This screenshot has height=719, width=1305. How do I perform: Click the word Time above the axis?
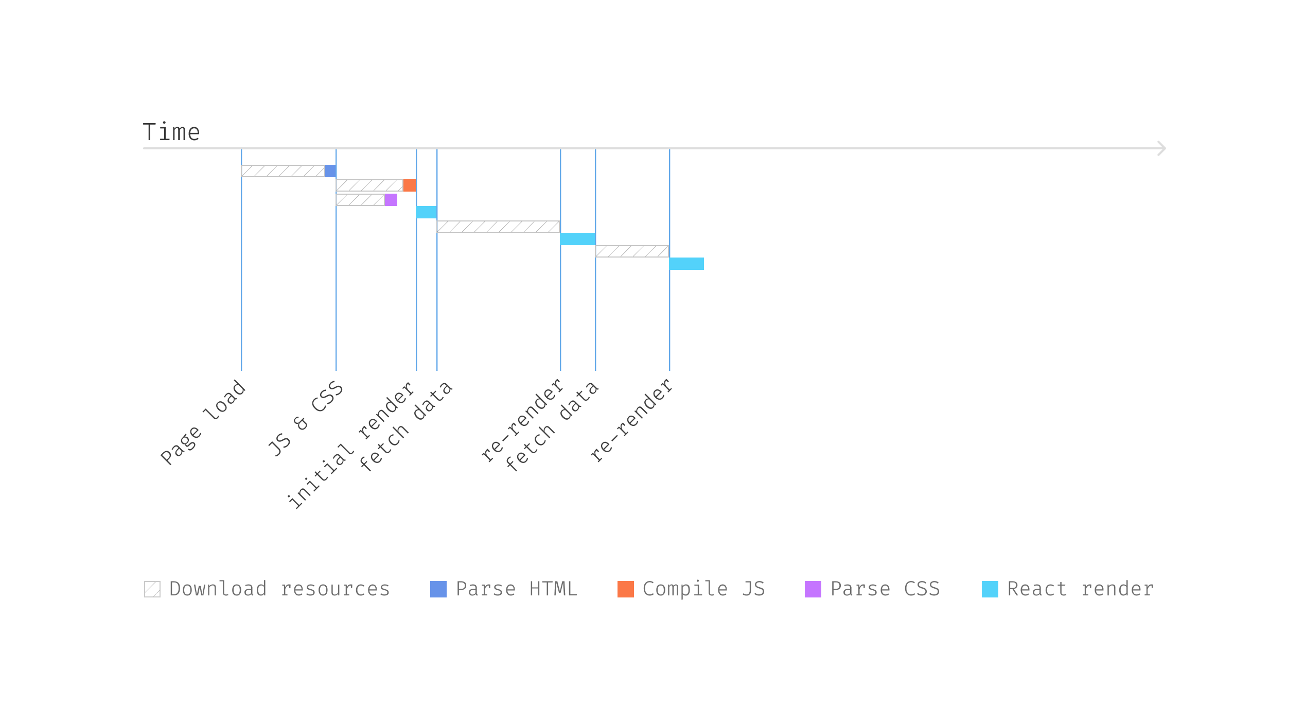[x=171, y=132]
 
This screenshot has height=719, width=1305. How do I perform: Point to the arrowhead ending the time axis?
[x=1161, y=148]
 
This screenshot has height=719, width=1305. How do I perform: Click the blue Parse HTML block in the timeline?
[x=330, y=171]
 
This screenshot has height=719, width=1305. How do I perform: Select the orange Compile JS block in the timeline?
[x=409, y=185]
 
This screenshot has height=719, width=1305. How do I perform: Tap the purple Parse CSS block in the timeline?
[x=391, y=200]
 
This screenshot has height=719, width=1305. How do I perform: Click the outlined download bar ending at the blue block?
[x=283, y=171]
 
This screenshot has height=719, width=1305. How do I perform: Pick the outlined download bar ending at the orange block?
[x=369, y=185]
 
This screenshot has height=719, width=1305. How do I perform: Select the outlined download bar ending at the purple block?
[x=360, y=200]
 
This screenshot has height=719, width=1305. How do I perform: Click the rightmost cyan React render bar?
[x=686, y=264]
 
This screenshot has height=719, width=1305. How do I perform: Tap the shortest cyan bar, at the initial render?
[x=427, y=212]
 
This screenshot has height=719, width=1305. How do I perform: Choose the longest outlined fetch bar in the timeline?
[x=498, y=227]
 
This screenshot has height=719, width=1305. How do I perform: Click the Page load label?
[x=203, y=422]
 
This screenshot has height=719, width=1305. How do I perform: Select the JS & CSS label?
[x=306, y=419]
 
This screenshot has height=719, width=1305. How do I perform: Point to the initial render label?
[x=351, y=446]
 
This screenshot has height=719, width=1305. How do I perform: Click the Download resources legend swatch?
[x=152, y=589]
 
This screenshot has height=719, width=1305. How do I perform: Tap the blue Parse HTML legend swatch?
[x=438, y=589]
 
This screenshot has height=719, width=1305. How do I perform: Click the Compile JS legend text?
[x=703, y=589]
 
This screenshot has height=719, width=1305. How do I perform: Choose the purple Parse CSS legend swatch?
[x=813, y=589]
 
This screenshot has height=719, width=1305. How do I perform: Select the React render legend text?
[x=1080, y=589]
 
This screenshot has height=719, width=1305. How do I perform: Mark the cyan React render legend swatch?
[x=990, y=589]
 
